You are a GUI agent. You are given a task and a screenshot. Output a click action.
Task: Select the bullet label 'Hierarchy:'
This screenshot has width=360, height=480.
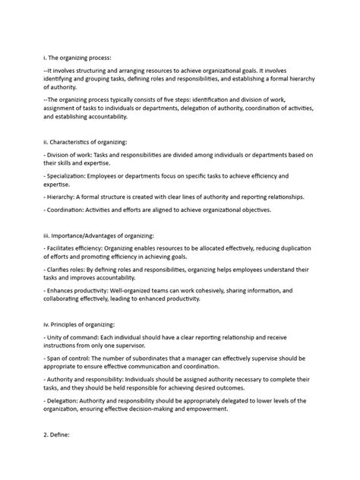click(x=63, y=196)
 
